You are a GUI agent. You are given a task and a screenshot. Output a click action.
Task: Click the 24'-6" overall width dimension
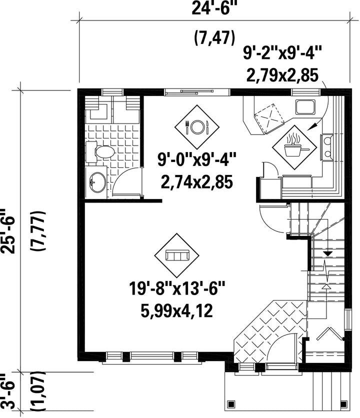tap(214, 9)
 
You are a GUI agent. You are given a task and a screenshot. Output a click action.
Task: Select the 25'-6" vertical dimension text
tap(8, 230)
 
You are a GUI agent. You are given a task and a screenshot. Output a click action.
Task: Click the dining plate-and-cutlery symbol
tap(197, 127)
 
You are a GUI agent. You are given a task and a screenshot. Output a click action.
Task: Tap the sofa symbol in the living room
tap(177, 255)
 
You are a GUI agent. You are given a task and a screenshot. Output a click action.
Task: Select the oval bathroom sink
tap(97, 182)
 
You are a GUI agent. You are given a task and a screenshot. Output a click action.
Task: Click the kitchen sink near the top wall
tap(305, 107)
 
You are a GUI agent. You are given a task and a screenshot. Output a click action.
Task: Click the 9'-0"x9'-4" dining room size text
tap(197, 159)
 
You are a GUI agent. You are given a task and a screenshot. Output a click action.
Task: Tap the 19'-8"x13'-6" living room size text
tap(177, 288)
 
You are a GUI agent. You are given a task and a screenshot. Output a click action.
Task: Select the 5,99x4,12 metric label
tap(177, 311)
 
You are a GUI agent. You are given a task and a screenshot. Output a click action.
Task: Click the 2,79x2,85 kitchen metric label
tap(282, 75)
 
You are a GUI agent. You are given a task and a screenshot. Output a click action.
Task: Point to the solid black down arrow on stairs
tap(327, 254)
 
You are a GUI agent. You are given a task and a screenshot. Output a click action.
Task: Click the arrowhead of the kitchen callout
tap(311, 127)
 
